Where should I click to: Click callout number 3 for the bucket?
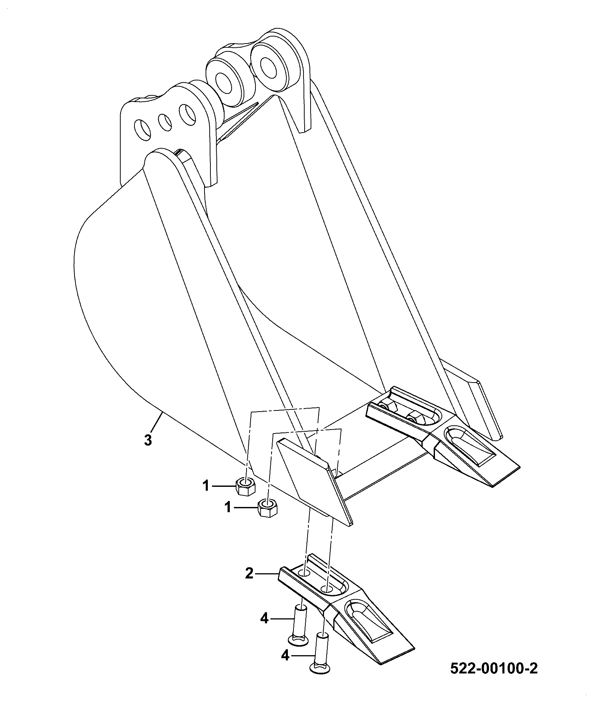(x=148, y=440)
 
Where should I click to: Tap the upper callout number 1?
(x=206, y=486)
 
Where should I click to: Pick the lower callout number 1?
(x=228, y=508)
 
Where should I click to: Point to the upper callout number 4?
(x=264, y=619)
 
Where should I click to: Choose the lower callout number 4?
(x=285, y=655)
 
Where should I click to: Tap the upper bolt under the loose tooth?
(x=299, y=624)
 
